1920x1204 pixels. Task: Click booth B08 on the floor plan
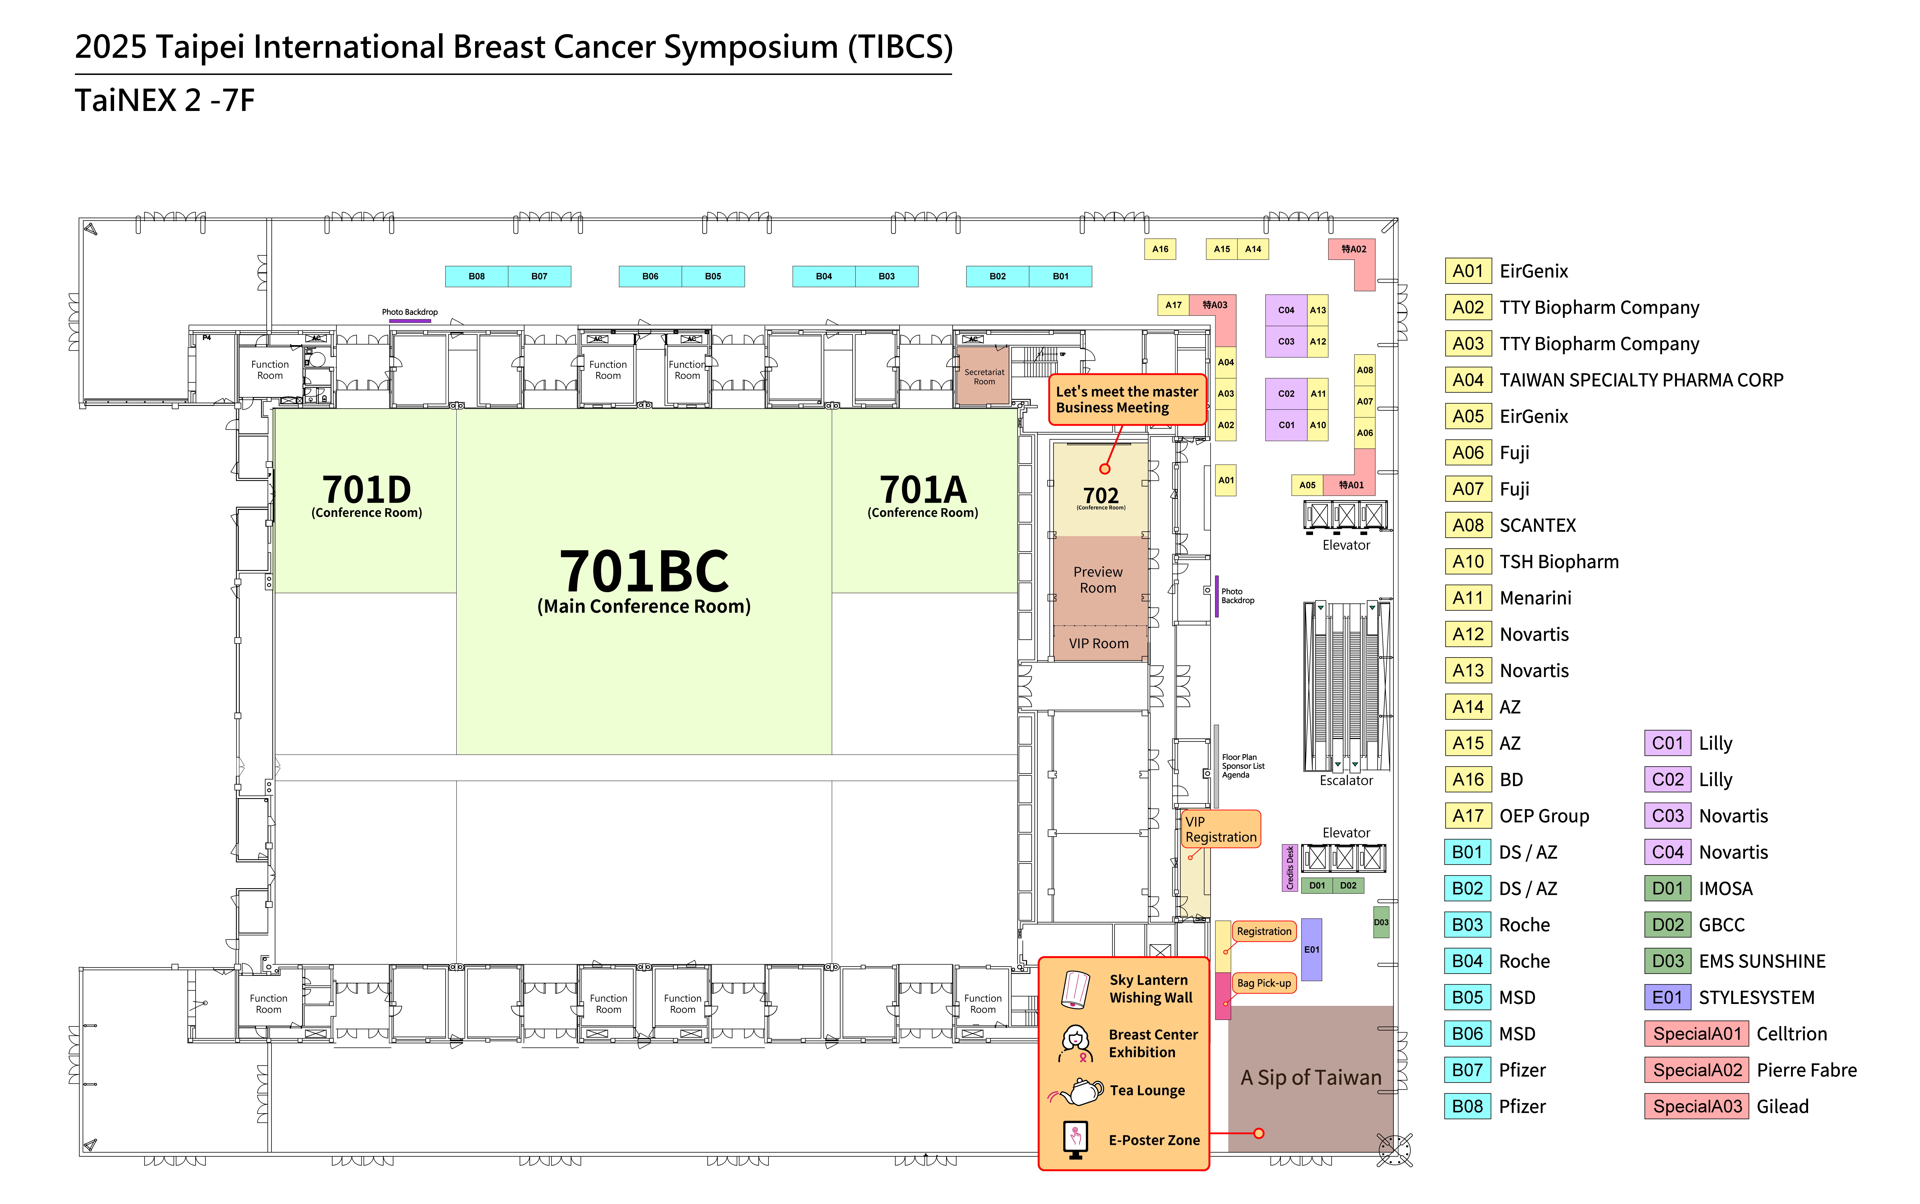(476, 276)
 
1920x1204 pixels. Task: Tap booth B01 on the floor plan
(1060, 276)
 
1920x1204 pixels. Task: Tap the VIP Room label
(1098, 643)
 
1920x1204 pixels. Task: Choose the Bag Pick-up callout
(1264, 984)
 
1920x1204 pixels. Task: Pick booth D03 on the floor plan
(1381, 922)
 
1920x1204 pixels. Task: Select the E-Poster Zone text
(1154, 1140)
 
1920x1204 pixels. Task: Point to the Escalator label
(1346, 780)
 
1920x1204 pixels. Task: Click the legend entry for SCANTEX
(1537, 526)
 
